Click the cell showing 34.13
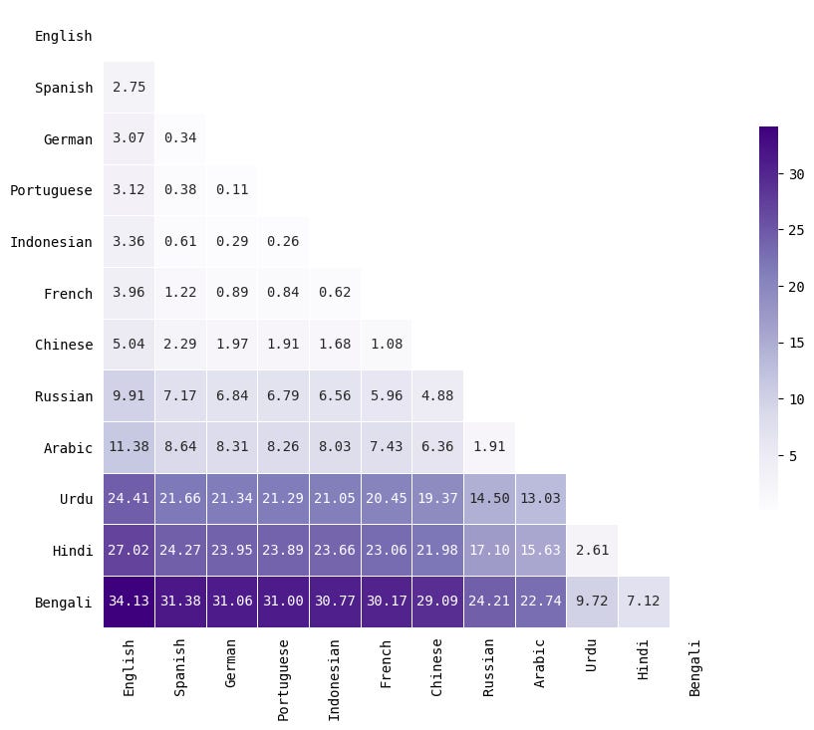pos(129,602)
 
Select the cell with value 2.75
pos(129,88)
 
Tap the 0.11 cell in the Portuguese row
pos(232,190)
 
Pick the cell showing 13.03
pos(540,499)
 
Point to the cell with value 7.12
pos(643,602)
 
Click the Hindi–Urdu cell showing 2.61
pos(592,550)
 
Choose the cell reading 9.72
pos(592,602)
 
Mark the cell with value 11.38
pos(129,447)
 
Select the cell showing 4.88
pos(437,396)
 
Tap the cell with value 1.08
pos(386,345)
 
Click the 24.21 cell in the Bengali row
pos(488,602)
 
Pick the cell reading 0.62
pos(335,294)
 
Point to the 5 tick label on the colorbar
pos(793,456)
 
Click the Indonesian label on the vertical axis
pos(51,242)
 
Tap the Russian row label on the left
pos(64,396)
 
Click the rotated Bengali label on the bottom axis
pos(694,668)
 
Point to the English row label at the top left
pos(64,37)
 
